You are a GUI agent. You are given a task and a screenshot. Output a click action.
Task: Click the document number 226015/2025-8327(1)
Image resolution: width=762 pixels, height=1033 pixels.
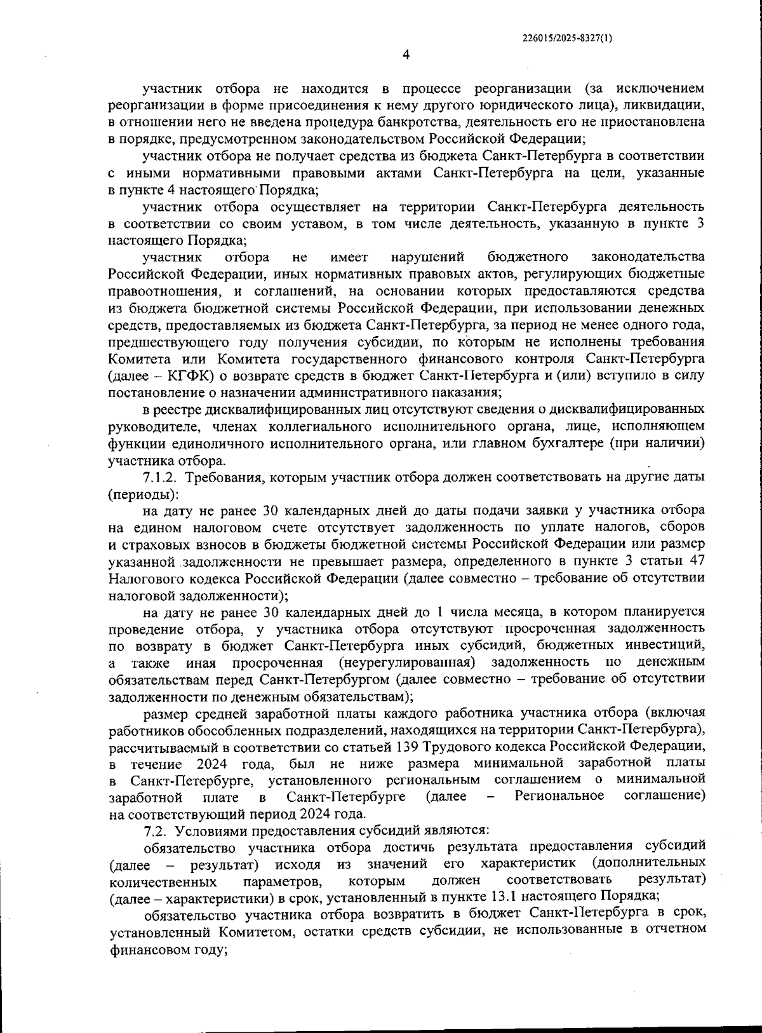[567, 38]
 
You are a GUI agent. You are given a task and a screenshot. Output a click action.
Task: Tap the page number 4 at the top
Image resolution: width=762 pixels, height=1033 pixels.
[406, 55]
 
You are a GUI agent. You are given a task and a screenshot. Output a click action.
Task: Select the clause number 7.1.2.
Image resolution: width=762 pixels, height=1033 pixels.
[162, 477]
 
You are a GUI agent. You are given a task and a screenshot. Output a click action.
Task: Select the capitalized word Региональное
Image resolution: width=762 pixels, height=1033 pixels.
[559, 797]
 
